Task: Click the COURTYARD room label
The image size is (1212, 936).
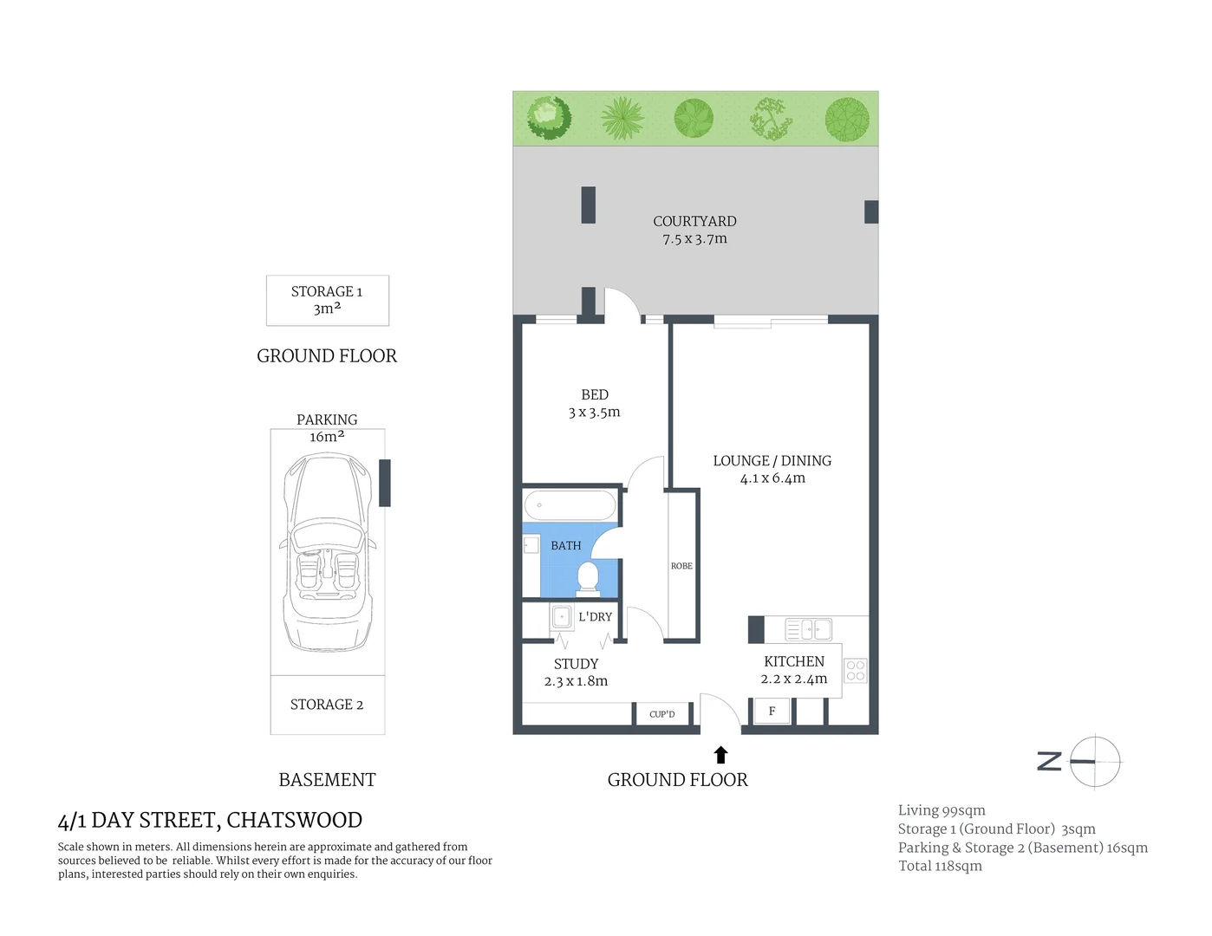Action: tap(694, 230)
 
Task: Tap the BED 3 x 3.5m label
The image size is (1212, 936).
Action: tap(594, 404)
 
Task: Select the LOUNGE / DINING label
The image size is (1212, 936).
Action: tap(772, 469)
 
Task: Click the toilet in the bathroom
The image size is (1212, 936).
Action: tap(588, 577)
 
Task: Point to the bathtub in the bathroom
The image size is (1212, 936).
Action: tap(570, 505)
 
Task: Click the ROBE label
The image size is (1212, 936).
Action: tap(681, 566)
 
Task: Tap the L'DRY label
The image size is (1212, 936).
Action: tap(595, 617)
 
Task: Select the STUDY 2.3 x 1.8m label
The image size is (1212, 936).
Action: tap(576, 673)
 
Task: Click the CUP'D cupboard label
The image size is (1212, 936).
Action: tap(661, 714)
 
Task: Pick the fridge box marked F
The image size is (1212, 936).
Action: tap(772, 712)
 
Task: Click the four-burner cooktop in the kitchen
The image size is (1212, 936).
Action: tap(855, 670)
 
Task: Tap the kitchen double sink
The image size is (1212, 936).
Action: tap(808, 629)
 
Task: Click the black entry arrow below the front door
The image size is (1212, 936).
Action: tap(720, 755)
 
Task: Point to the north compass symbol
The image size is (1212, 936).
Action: tap(1094, 762)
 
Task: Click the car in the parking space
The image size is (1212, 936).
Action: tap(327, 555)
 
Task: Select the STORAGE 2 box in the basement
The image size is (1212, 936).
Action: tap(327, 705)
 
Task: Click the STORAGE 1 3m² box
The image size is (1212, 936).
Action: tap(327, 300)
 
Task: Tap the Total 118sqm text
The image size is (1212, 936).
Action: tap(940, 866)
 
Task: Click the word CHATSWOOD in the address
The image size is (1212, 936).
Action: tap(294, 820)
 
